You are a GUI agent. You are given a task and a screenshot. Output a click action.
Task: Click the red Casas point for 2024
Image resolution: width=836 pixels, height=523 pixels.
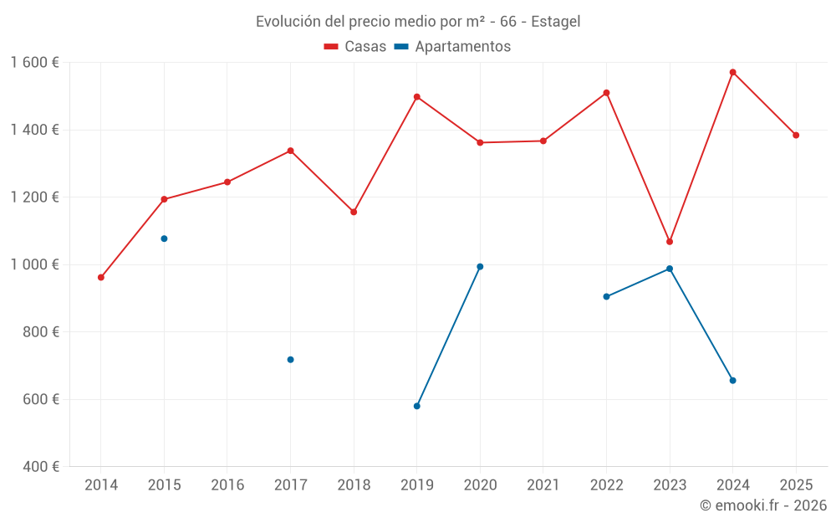(732, 72)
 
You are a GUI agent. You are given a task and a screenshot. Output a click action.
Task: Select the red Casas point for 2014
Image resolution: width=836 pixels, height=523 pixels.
(101, 277)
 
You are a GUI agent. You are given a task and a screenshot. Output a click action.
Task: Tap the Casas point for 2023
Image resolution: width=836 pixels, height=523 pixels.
(670, 242)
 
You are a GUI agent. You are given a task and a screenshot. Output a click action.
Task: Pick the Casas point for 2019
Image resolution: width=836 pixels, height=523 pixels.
(417, 97)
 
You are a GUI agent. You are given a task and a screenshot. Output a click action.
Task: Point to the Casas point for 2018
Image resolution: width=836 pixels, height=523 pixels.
(354, 212)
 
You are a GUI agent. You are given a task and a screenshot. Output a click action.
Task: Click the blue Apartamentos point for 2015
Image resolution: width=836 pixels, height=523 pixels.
(164, 238)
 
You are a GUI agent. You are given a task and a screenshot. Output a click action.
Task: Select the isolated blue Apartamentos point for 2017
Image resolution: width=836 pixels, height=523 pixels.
(290, 360)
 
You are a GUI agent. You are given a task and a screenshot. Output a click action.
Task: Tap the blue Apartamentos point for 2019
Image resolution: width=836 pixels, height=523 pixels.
(417, 406)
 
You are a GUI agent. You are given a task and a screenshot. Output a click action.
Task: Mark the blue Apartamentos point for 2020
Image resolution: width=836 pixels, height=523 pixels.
(480, 267)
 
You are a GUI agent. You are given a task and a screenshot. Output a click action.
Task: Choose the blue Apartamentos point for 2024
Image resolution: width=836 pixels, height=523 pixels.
(732, 381)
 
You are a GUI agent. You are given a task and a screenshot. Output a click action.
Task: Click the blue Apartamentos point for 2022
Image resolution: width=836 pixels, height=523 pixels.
(606, 296)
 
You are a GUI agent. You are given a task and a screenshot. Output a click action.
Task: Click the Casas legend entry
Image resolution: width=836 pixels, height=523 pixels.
(355, 47)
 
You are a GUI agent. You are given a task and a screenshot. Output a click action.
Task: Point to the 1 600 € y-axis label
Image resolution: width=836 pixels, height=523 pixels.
(34, 63)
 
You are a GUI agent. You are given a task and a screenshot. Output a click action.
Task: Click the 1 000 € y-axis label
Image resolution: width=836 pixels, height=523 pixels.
(34, 264)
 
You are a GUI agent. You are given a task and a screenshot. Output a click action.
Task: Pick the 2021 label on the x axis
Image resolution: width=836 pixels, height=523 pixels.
(543, 485)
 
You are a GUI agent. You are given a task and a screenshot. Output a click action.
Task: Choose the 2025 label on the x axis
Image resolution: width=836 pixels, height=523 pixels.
(796, 485)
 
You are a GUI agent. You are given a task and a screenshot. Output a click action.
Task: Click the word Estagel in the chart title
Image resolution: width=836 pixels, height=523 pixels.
(555, 22)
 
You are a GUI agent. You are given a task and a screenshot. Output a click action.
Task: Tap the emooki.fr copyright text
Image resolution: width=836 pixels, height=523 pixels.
(763, 505)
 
